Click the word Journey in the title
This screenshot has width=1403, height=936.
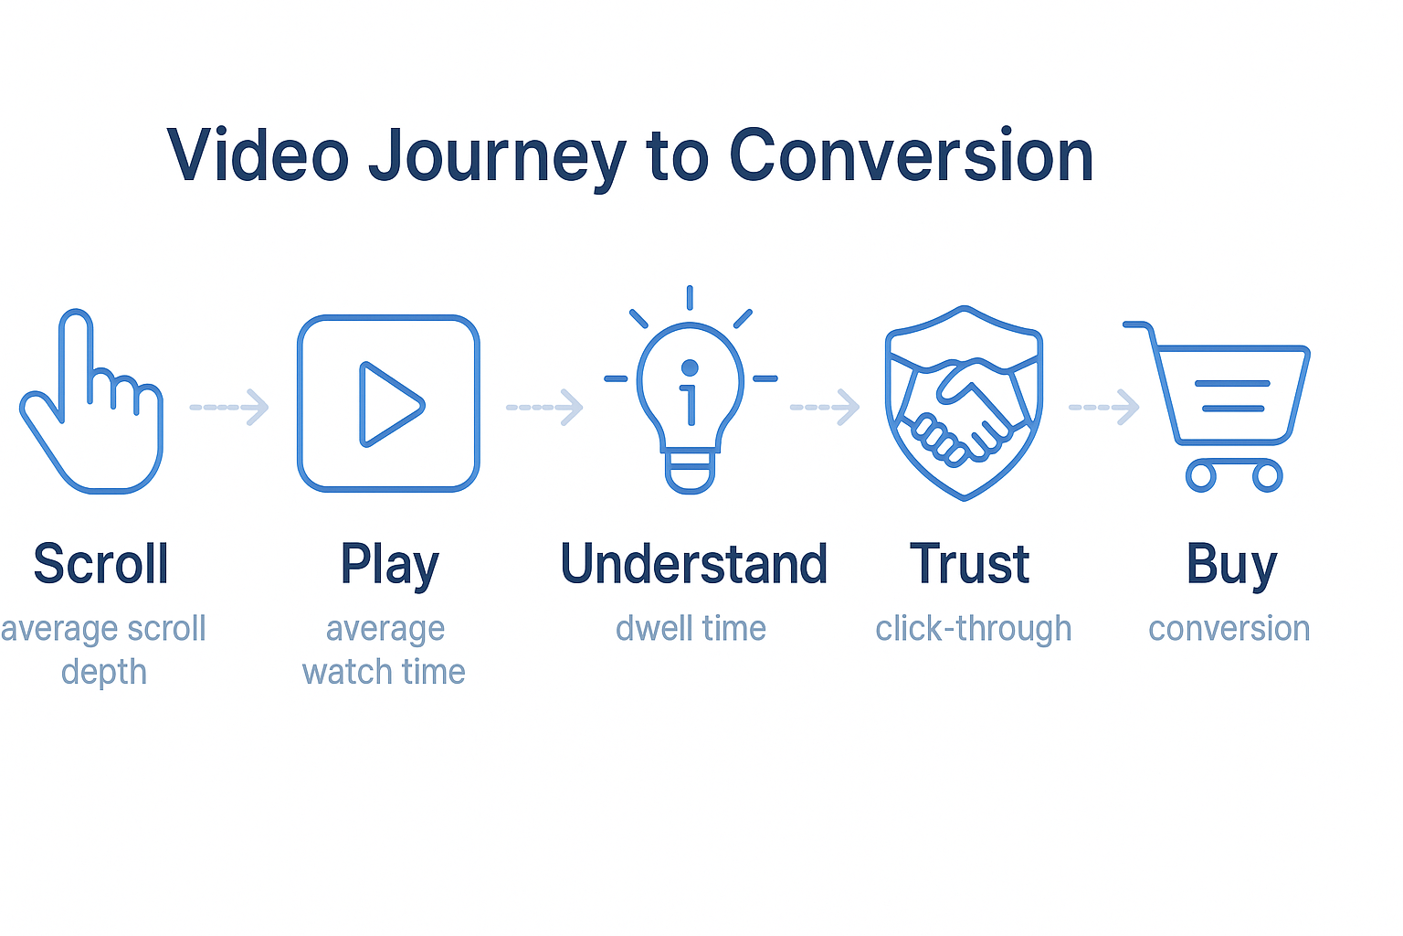[497, 156]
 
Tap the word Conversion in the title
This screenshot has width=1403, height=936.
[912, 154]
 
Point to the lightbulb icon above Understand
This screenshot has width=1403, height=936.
[691, 388]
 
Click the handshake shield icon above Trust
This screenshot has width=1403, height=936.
[964, 402]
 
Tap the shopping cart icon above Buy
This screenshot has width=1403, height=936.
[1217, 406]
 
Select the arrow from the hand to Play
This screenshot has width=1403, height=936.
[229, 408]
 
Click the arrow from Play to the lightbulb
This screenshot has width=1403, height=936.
[544, 408]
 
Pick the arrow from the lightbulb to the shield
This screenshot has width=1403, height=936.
[824, 408]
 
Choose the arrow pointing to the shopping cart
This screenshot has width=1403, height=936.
[1103, 408]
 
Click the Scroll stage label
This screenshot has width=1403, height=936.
[100, 564]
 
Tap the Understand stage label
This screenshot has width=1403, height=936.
[694, 564]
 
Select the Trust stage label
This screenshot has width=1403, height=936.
[969, 564]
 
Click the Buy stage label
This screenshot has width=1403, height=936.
[1232, 566]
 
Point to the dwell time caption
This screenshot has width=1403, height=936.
[691, 629]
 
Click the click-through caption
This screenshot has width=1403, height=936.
[974, 629]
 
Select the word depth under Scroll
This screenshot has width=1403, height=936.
[104, 674]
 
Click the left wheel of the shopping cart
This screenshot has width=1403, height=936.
[1201, 476]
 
